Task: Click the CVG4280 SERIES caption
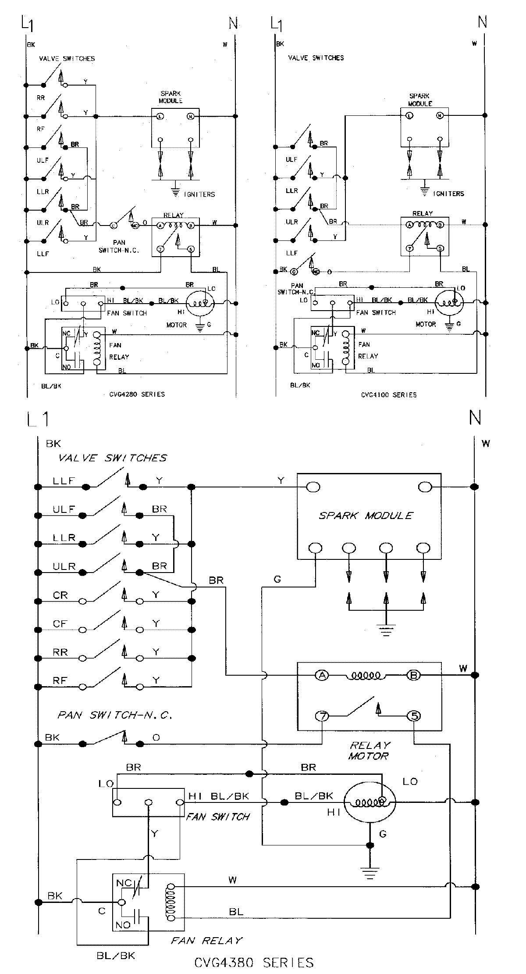tap(137, 394)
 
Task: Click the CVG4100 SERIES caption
tap(388, 394)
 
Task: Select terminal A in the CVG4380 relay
tap(322, 675)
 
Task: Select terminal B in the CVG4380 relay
tap(413, 675)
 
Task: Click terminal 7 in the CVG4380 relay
tap(323, 716)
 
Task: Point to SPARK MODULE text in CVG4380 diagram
tap(366, 516)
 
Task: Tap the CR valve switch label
tap(60, 595)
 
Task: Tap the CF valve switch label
tap(60, 624)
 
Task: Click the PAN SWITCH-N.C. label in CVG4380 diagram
tap(115, 716)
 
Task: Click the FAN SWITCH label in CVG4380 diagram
tap(218, 816)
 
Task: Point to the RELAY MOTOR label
tap(369, 750)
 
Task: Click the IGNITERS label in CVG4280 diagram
tap(199, 194)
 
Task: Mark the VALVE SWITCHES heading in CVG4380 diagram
tap(112, 458)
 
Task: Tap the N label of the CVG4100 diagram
tap(482, 22)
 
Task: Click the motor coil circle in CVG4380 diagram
tap(369, 802)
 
